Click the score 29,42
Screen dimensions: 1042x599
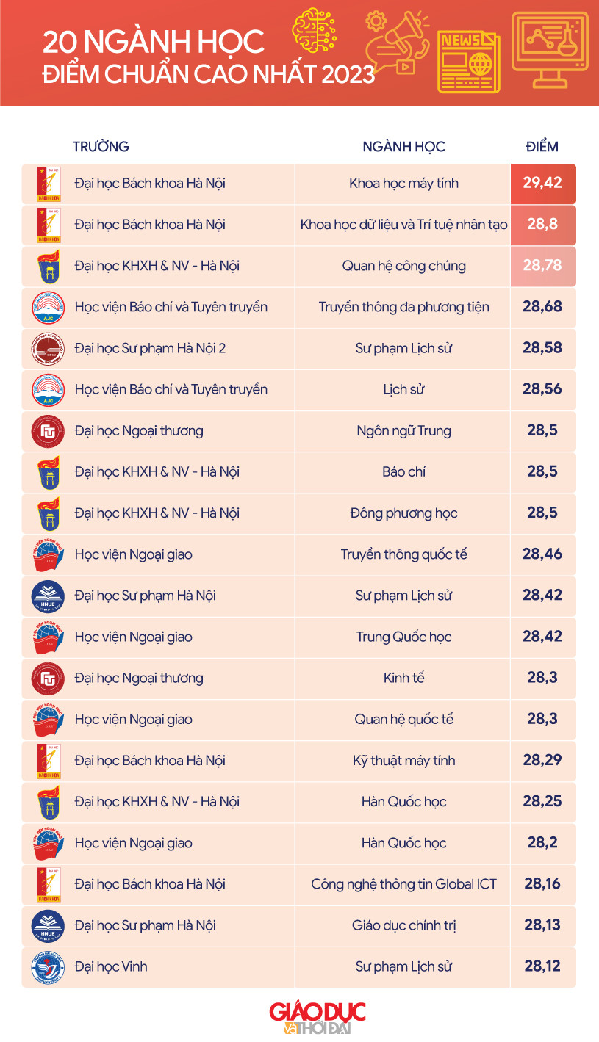point(542,183)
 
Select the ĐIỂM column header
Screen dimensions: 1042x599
point(542,146)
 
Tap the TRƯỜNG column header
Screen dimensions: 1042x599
point(101,146)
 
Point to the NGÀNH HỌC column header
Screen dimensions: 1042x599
point(403,146)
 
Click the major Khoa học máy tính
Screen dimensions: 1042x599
point(403,183)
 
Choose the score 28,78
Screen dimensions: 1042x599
point(542,266)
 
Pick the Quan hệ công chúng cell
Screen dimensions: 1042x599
point(403,266)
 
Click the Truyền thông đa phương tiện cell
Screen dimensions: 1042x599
point(403,307)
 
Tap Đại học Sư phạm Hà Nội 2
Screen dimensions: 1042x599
point(150,348)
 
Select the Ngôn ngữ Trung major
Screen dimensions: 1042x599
point(403,430)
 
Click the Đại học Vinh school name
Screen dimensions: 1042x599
point(111,966)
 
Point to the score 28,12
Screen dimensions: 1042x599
point(542,966)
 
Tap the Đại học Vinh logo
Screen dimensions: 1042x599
point(49,966)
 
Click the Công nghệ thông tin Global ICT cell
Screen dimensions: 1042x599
point(403,884)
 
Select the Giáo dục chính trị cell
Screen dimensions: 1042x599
point(403,925)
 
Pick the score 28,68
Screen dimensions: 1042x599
point(542,307)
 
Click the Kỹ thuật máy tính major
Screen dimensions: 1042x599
point(403,760)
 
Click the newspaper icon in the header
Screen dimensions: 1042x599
point(468,62)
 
